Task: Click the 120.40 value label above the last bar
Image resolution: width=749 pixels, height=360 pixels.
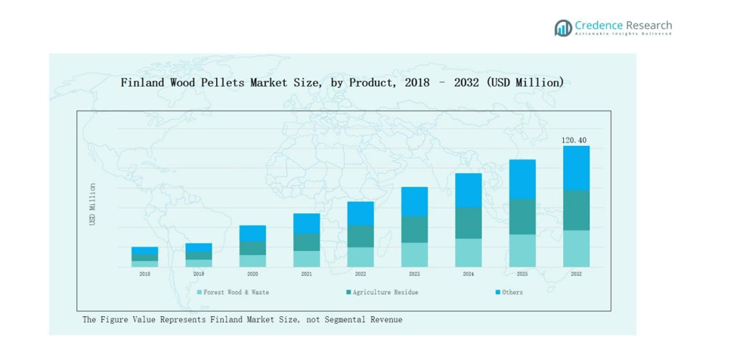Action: point(574,141)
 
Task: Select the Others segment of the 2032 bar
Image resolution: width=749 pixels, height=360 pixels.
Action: point(576,168)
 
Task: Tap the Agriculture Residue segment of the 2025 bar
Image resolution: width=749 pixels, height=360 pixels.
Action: point(522,216)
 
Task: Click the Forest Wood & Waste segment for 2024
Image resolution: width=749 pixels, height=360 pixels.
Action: point(468,253)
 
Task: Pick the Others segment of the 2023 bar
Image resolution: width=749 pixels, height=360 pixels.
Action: point(414,202)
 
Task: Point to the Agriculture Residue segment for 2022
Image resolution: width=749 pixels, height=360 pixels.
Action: point(361,236)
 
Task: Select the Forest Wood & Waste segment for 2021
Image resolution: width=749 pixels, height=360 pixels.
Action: point(306,259)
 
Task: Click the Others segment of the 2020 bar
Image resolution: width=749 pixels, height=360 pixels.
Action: point(252,233)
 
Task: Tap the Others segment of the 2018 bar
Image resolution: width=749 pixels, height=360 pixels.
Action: point(144,250)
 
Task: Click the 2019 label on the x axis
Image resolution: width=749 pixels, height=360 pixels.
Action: point(199,274)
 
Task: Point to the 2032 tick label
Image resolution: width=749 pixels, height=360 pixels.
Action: point(576,274)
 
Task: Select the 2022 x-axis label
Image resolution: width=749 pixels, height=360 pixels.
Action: point(361,274)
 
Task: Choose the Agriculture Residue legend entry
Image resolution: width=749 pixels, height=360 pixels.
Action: point(385,292)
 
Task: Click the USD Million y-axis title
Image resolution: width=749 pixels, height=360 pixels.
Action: point(93,204)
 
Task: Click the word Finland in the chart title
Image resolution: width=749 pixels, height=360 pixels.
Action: point(143,82)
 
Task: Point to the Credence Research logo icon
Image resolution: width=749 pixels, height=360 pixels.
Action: point(563,29)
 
